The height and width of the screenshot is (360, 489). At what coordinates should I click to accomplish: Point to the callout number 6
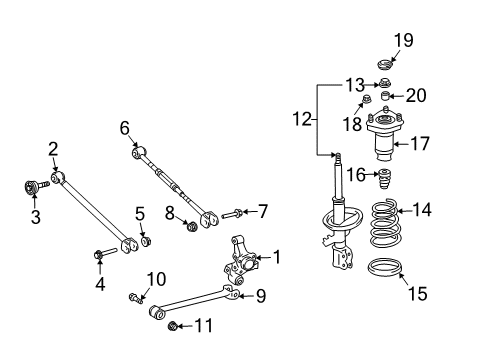point(125,127)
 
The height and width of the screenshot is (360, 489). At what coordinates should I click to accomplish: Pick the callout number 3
point(35,216)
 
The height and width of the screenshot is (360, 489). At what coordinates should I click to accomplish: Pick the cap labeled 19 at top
point(381,67)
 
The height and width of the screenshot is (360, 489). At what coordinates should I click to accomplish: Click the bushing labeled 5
point(146,239)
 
